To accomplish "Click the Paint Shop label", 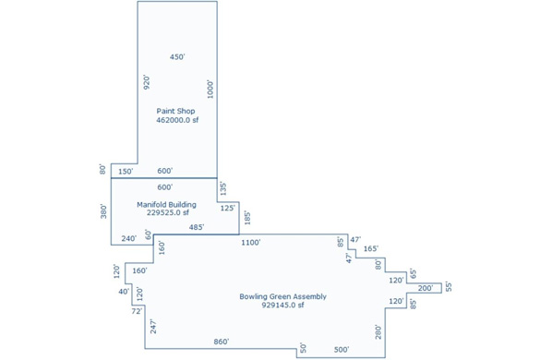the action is [175, 112].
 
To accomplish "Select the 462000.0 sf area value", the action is [177, 120].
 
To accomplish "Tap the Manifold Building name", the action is [167, 205].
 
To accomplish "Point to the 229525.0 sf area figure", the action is [168, 212].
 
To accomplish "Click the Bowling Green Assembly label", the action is [282, 296].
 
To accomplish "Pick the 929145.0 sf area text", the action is [282, 305].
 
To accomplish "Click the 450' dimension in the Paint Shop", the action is [177, 57].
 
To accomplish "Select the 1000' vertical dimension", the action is [210, 90].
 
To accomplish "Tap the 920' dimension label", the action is [147, 82].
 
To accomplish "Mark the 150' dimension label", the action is [126, 172].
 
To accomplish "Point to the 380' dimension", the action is [103, 211].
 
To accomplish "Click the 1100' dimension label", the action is [251, 243].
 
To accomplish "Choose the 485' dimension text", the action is [197, 227].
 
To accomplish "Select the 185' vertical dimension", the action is [247, 218].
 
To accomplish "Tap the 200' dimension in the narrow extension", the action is [426, 288].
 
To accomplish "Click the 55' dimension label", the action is [449, 287].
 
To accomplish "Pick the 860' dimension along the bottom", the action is [222, 342].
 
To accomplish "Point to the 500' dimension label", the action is [342, 350].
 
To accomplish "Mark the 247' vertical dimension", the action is [153, 326].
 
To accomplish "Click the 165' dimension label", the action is [371, 248].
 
